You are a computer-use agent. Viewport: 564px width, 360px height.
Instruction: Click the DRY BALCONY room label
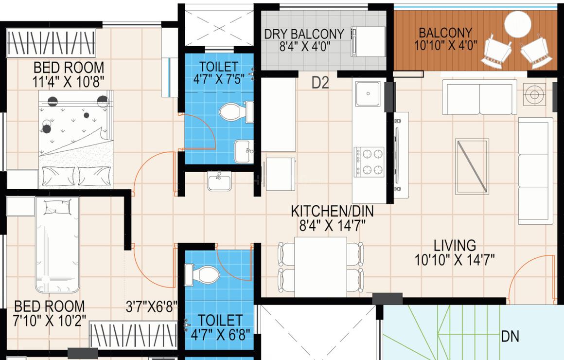click(x=304, y=34)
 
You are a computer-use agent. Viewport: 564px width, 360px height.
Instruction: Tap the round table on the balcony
click(x=518, y=24)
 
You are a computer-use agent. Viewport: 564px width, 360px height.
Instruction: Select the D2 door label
click(x=320, y=83)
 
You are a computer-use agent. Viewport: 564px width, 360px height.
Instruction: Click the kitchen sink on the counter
click(x=368, y=93)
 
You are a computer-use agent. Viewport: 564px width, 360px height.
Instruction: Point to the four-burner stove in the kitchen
click(x=369, y=162)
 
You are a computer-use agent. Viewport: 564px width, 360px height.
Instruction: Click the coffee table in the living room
click(x=472, y=166)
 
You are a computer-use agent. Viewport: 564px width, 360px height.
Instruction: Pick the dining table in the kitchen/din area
click(x=320, y=267)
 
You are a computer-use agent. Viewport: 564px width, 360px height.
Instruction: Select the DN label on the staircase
click(x=510, y=337)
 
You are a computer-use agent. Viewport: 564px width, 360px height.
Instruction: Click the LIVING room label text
click(x=455, y=246)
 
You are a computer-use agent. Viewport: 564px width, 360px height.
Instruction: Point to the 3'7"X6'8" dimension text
click(x=151, y=306)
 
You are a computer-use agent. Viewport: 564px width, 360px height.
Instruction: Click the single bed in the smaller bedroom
click(x=57, y=245)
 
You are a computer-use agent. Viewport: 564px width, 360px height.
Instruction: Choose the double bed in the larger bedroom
click(x=76, y=139)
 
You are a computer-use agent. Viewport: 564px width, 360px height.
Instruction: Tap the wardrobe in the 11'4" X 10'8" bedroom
click(x=51, y=43)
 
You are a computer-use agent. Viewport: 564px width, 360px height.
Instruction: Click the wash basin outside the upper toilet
click(x=219, y=181)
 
